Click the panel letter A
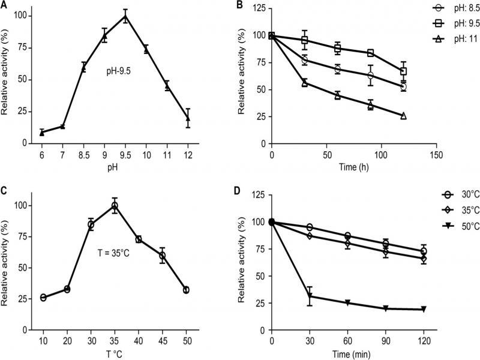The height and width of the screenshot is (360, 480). (x=5, y=5)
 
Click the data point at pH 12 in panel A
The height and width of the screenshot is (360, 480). (x=188, y=118)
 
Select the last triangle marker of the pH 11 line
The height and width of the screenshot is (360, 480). (x=403, y=116)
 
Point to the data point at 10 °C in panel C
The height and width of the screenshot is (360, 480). (x=43, y=298)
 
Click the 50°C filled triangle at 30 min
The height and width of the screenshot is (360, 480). (x=310, y=296)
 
